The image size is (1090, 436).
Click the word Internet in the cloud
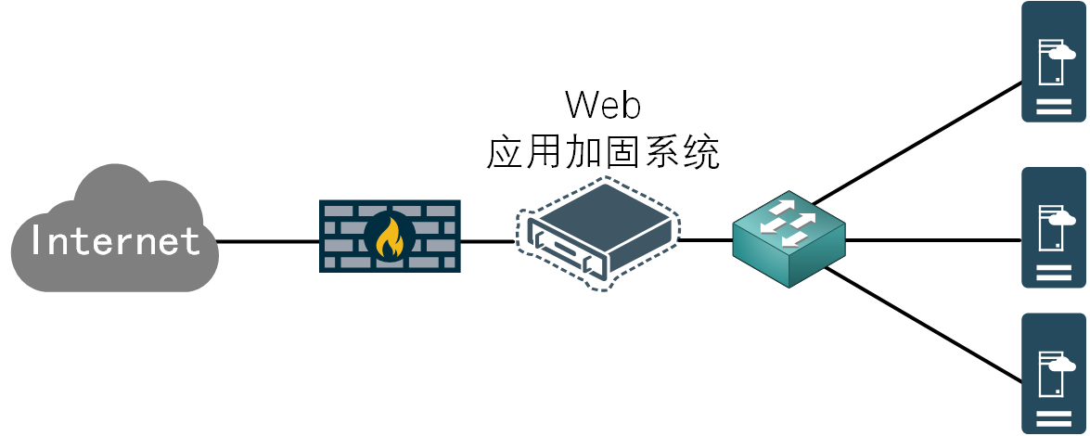click(115, 241)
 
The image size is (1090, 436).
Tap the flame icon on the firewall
click(390, 237)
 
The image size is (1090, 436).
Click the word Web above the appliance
click(603, 106)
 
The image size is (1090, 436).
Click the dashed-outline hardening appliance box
click(598, 233)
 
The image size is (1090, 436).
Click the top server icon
click(1053, 62)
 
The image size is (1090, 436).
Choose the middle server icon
click(1053, 228)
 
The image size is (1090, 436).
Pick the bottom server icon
click(1053, 373)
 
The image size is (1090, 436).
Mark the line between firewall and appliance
click(488, 242)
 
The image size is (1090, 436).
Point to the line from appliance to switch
click(706, 241)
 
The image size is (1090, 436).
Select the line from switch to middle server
click(932, 241)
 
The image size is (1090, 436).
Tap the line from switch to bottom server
click(923, 325)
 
